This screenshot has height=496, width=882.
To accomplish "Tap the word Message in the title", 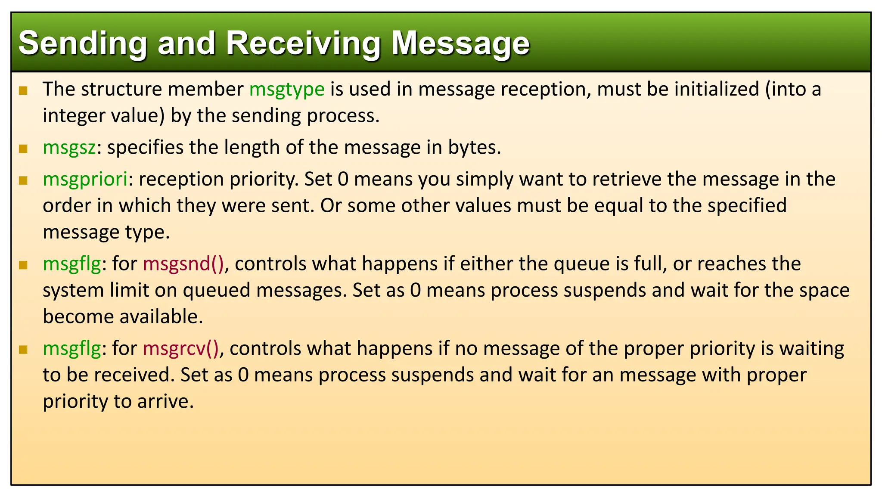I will [x=460, y=43].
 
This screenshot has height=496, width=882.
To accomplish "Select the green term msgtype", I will [x=287, y=90].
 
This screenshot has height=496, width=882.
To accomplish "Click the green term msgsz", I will [x=69, y=148].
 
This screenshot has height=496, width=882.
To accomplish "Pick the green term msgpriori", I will [x=85, y=180].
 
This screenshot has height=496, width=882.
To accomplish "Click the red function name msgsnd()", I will [x=183, y=264].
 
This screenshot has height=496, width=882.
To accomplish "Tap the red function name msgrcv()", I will [x=181, y=348].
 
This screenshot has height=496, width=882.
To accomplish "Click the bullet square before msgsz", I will [x=23, y=149].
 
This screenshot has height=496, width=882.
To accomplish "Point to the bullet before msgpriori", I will [x=23, y=180].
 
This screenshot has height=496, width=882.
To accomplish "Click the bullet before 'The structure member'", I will [x=23, y=90].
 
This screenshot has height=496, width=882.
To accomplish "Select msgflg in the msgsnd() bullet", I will [x=72, y=264].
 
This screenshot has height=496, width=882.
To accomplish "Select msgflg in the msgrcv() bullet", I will [x=72, y=348].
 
